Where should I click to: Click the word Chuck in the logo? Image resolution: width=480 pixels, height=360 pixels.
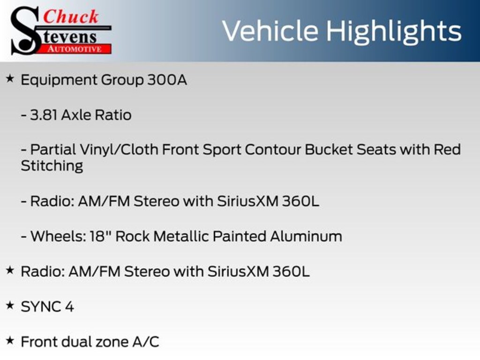71,17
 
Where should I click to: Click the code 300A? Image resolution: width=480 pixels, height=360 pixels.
167,80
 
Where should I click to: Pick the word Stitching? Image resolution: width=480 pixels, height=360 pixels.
52,166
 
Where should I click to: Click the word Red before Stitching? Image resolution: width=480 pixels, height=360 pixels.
447,150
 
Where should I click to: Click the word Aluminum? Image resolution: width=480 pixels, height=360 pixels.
306,236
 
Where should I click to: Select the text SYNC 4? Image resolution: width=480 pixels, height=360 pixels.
47,307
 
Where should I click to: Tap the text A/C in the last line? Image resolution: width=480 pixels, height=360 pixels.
145,342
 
